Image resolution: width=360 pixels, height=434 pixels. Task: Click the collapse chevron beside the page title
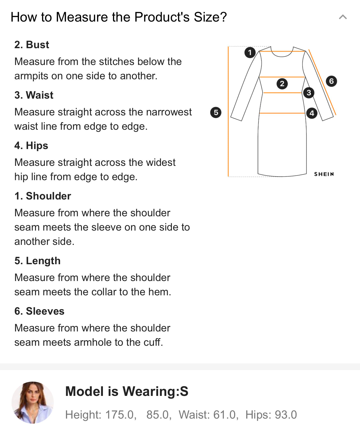[x=343, y=17]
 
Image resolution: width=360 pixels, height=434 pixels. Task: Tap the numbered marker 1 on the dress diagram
[x=250, y=52]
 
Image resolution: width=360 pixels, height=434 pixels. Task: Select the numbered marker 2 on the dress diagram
[x=282, y=84]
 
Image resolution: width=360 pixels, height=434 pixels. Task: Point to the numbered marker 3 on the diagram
[x=309, y=93]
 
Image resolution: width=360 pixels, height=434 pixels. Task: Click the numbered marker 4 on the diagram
[x=311, y=113]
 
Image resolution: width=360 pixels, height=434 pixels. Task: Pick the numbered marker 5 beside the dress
[x=216, y=112]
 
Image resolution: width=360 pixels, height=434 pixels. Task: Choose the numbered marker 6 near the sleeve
[x=331, y=81]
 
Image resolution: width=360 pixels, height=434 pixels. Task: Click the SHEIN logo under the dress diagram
[x=324, y=174]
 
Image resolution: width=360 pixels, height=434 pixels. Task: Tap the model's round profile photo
[x=33, y=402]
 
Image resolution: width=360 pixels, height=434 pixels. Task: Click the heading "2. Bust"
[x=32, y=45]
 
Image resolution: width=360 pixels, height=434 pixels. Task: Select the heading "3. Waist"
[x=34, y=95]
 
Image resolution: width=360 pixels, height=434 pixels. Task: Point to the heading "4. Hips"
[x=31, y=146]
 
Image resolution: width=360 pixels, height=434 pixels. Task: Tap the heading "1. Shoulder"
[x=43, y=196]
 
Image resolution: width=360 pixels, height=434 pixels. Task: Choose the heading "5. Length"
[x=38, y=261]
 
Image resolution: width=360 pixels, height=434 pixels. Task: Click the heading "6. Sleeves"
[x=39, y=311]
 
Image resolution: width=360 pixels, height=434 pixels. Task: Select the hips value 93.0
[x=286, y=415]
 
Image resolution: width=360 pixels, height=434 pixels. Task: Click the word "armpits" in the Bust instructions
[x=31, y=76]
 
